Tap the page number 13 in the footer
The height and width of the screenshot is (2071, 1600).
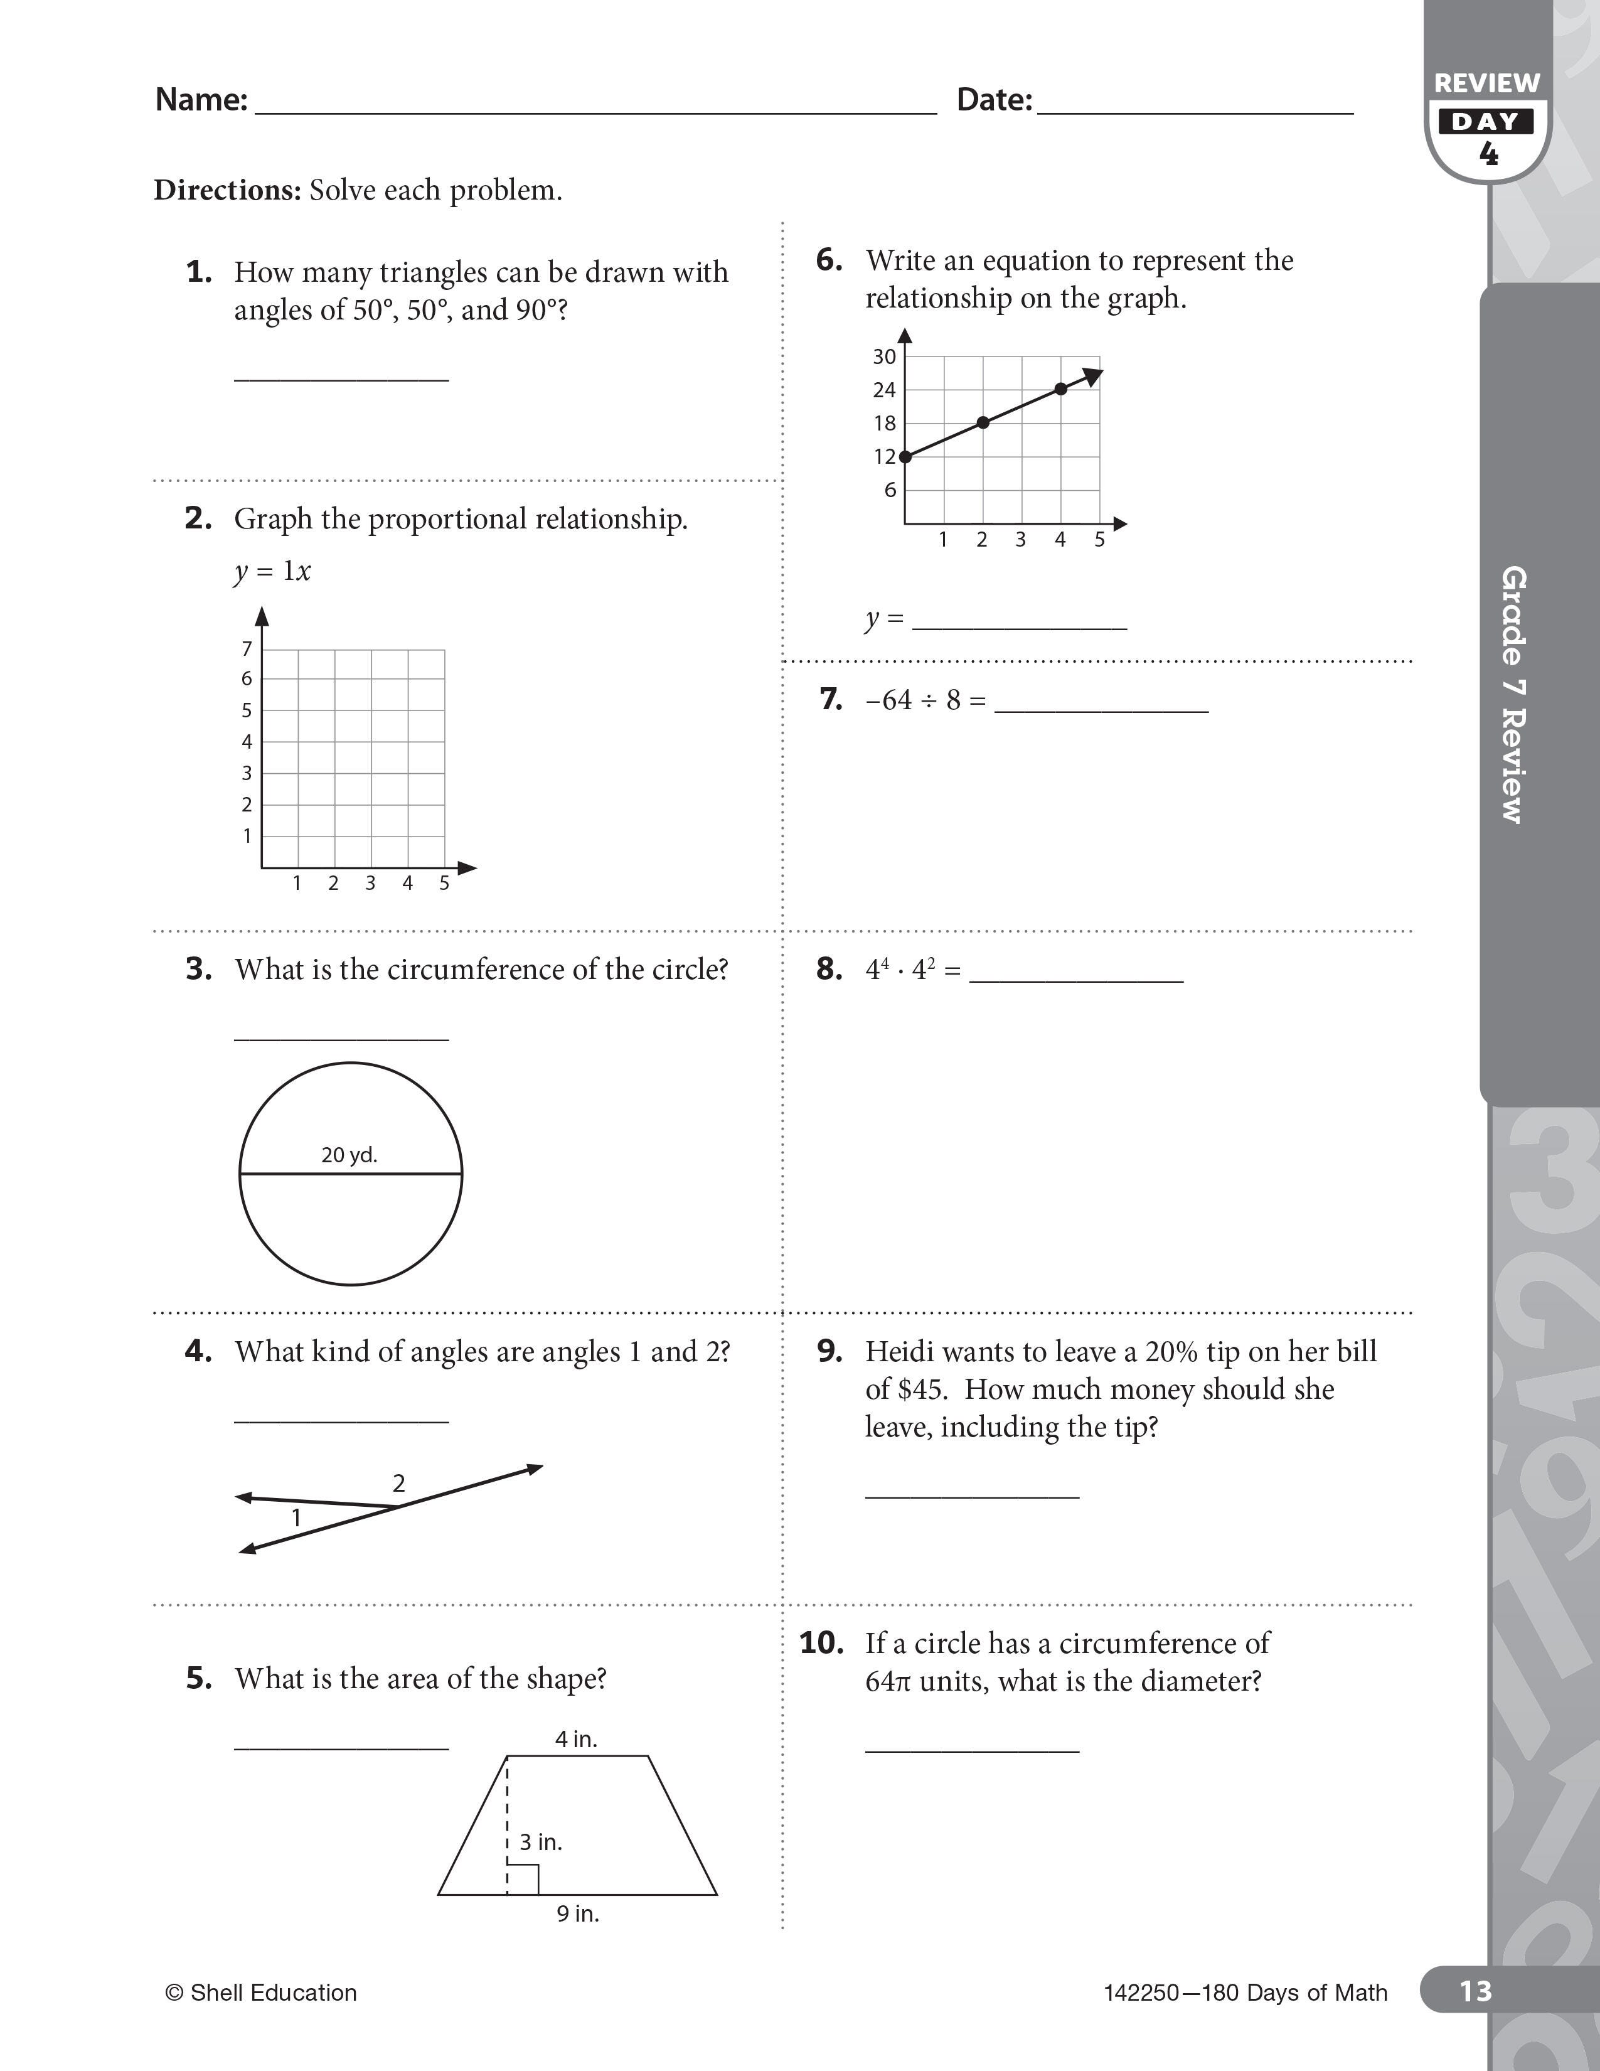(1475, 1991)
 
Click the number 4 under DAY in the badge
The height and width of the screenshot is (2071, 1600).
(1488, 154)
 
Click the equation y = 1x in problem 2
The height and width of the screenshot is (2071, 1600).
(272, 571)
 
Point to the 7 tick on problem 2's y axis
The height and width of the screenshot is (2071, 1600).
(247, 649)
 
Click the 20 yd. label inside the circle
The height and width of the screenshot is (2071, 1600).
(349, 1155)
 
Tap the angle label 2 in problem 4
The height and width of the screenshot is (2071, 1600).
(399, 1483)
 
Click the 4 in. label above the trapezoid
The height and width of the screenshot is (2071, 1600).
(576, 1739)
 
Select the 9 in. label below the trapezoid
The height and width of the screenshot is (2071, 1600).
(577, 1913)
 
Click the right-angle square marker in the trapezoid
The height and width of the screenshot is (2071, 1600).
(523, 1880)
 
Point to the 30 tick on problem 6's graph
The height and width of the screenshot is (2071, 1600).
(884, 356)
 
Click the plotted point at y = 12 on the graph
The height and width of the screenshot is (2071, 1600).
(905, 456)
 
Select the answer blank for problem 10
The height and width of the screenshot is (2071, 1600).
(971, 1748)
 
